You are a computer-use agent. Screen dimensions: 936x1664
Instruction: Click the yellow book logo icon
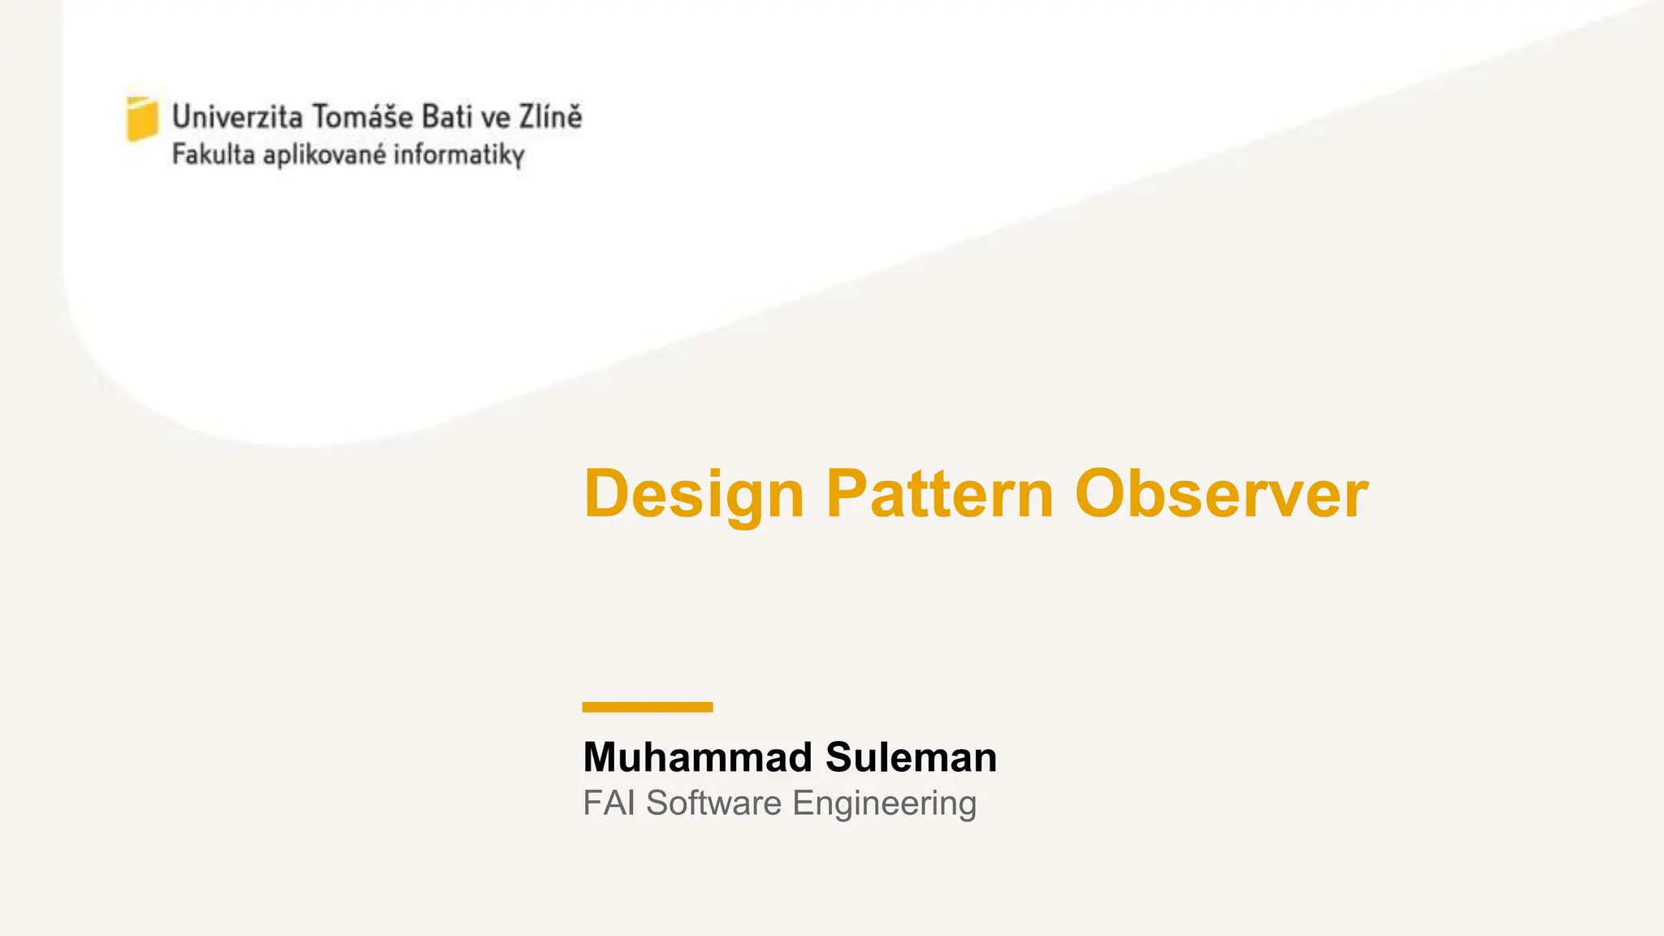pos(142,119)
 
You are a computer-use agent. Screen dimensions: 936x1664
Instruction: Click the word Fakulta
pos(214,154)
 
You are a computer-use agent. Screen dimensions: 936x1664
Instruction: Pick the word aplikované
pos(325,154)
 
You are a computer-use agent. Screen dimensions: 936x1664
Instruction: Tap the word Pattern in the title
pos(940,494)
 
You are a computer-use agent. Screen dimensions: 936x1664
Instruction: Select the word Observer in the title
pos(1221,494)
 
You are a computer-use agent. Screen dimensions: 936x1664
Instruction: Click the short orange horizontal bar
pos(648,707)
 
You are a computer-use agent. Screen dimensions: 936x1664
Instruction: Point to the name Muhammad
pos(698,757)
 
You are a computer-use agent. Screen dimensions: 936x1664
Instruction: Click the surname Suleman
pos(911,757)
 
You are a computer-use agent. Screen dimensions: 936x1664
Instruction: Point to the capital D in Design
pos(607,494)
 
